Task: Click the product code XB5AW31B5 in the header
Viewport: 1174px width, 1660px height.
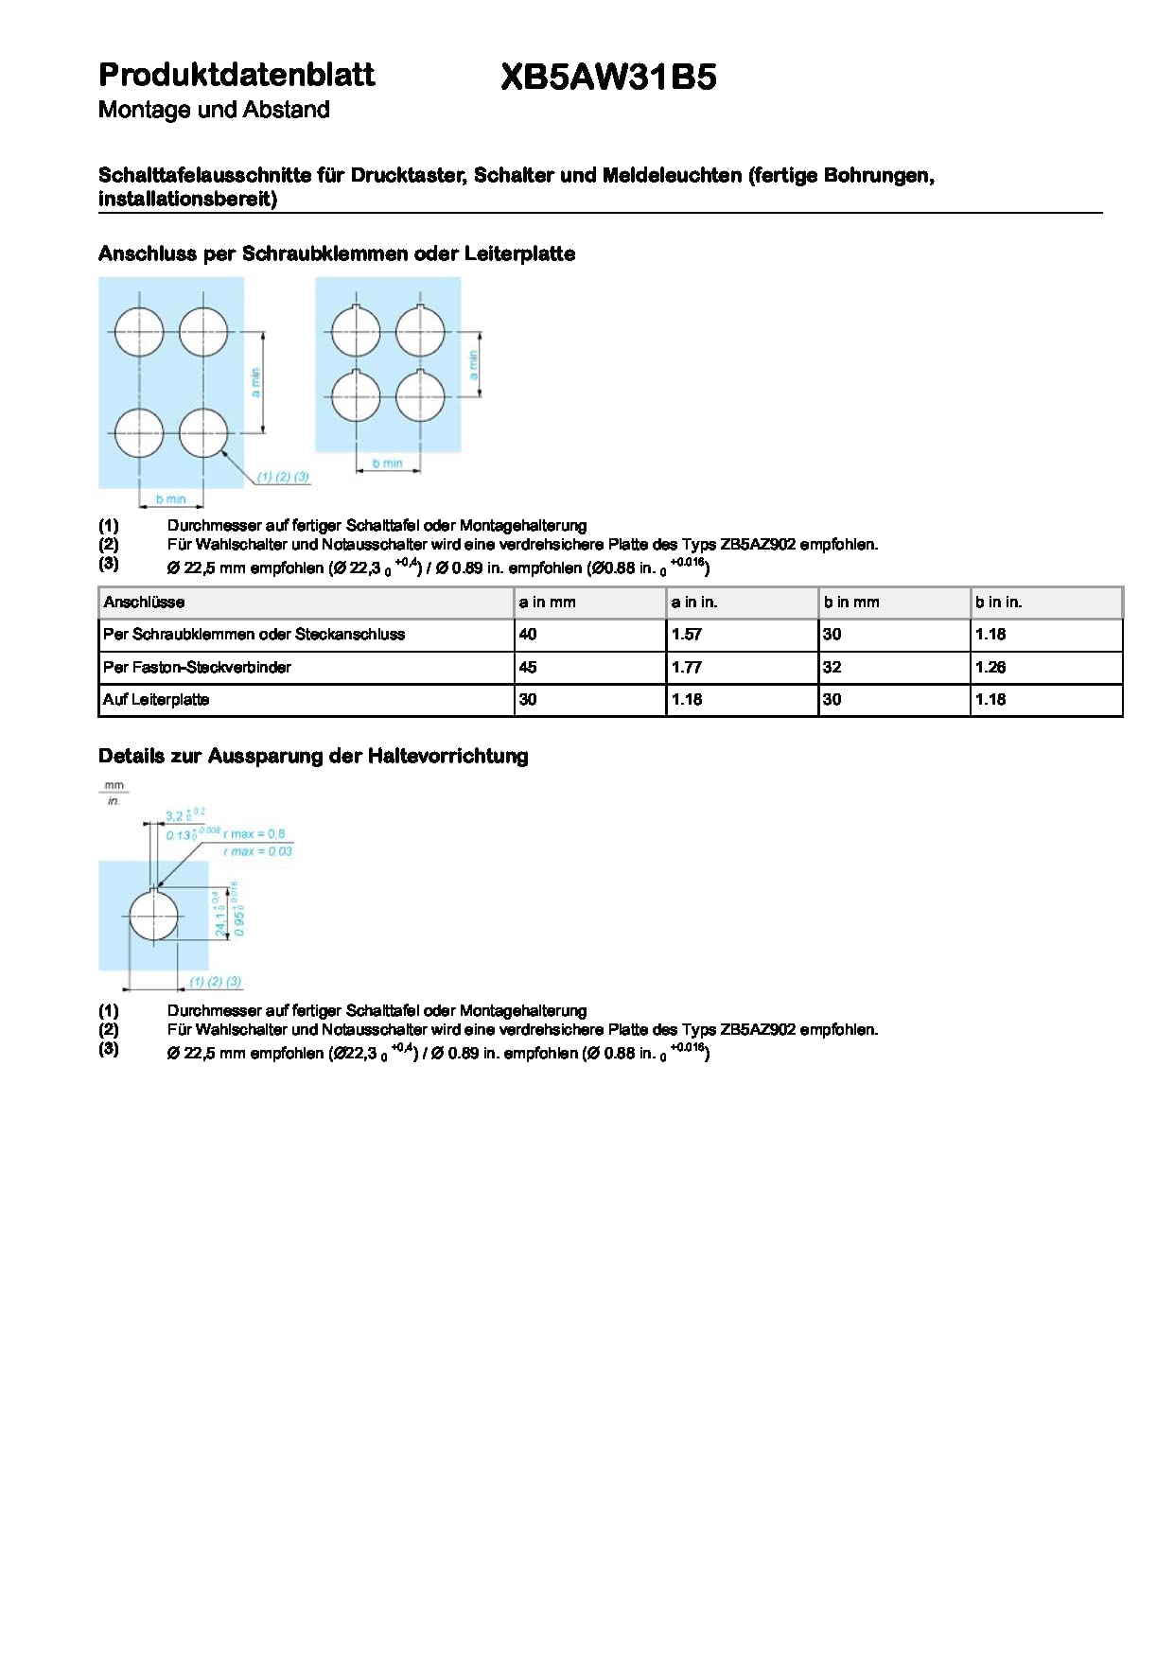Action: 608,78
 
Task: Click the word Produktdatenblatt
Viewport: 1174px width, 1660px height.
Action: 237,75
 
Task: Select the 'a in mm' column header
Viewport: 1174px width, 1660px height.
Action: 547,603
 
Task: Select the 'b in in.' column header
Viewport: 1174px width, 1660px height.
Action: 998,603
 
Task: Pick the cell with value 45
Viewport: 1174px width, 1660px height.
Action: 528,668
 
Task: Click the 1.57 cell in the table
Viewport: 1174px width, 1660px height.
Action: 687,635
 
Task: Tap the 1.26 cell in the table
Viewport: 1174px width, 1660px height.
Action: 990,668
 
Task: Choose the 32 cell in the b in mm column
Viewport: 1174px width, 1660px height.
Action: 832,668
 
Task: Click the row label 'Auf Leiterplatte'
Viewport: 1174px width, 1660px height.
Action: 156,700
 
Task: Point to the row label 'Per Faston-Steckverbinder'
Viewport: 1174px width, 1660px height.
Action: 197,668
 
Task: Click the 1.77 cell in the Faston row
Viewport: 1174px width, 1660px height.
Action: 687,668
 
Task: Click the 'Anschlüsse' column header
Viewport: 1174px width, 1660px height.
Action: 144,603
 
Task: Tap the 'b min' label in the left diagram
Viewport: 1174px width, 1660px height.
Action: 171,498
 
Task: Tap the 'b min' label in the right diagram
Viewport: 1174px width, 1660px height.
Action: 387,463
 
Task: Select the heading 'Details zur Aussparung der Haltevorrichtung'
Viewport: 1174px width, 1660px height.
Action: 313,756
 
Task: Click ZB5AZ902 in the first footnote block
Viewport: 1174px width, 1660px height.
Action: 758,545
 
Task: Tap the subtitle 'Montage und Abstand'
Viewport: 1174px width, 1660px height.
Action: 214,110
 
